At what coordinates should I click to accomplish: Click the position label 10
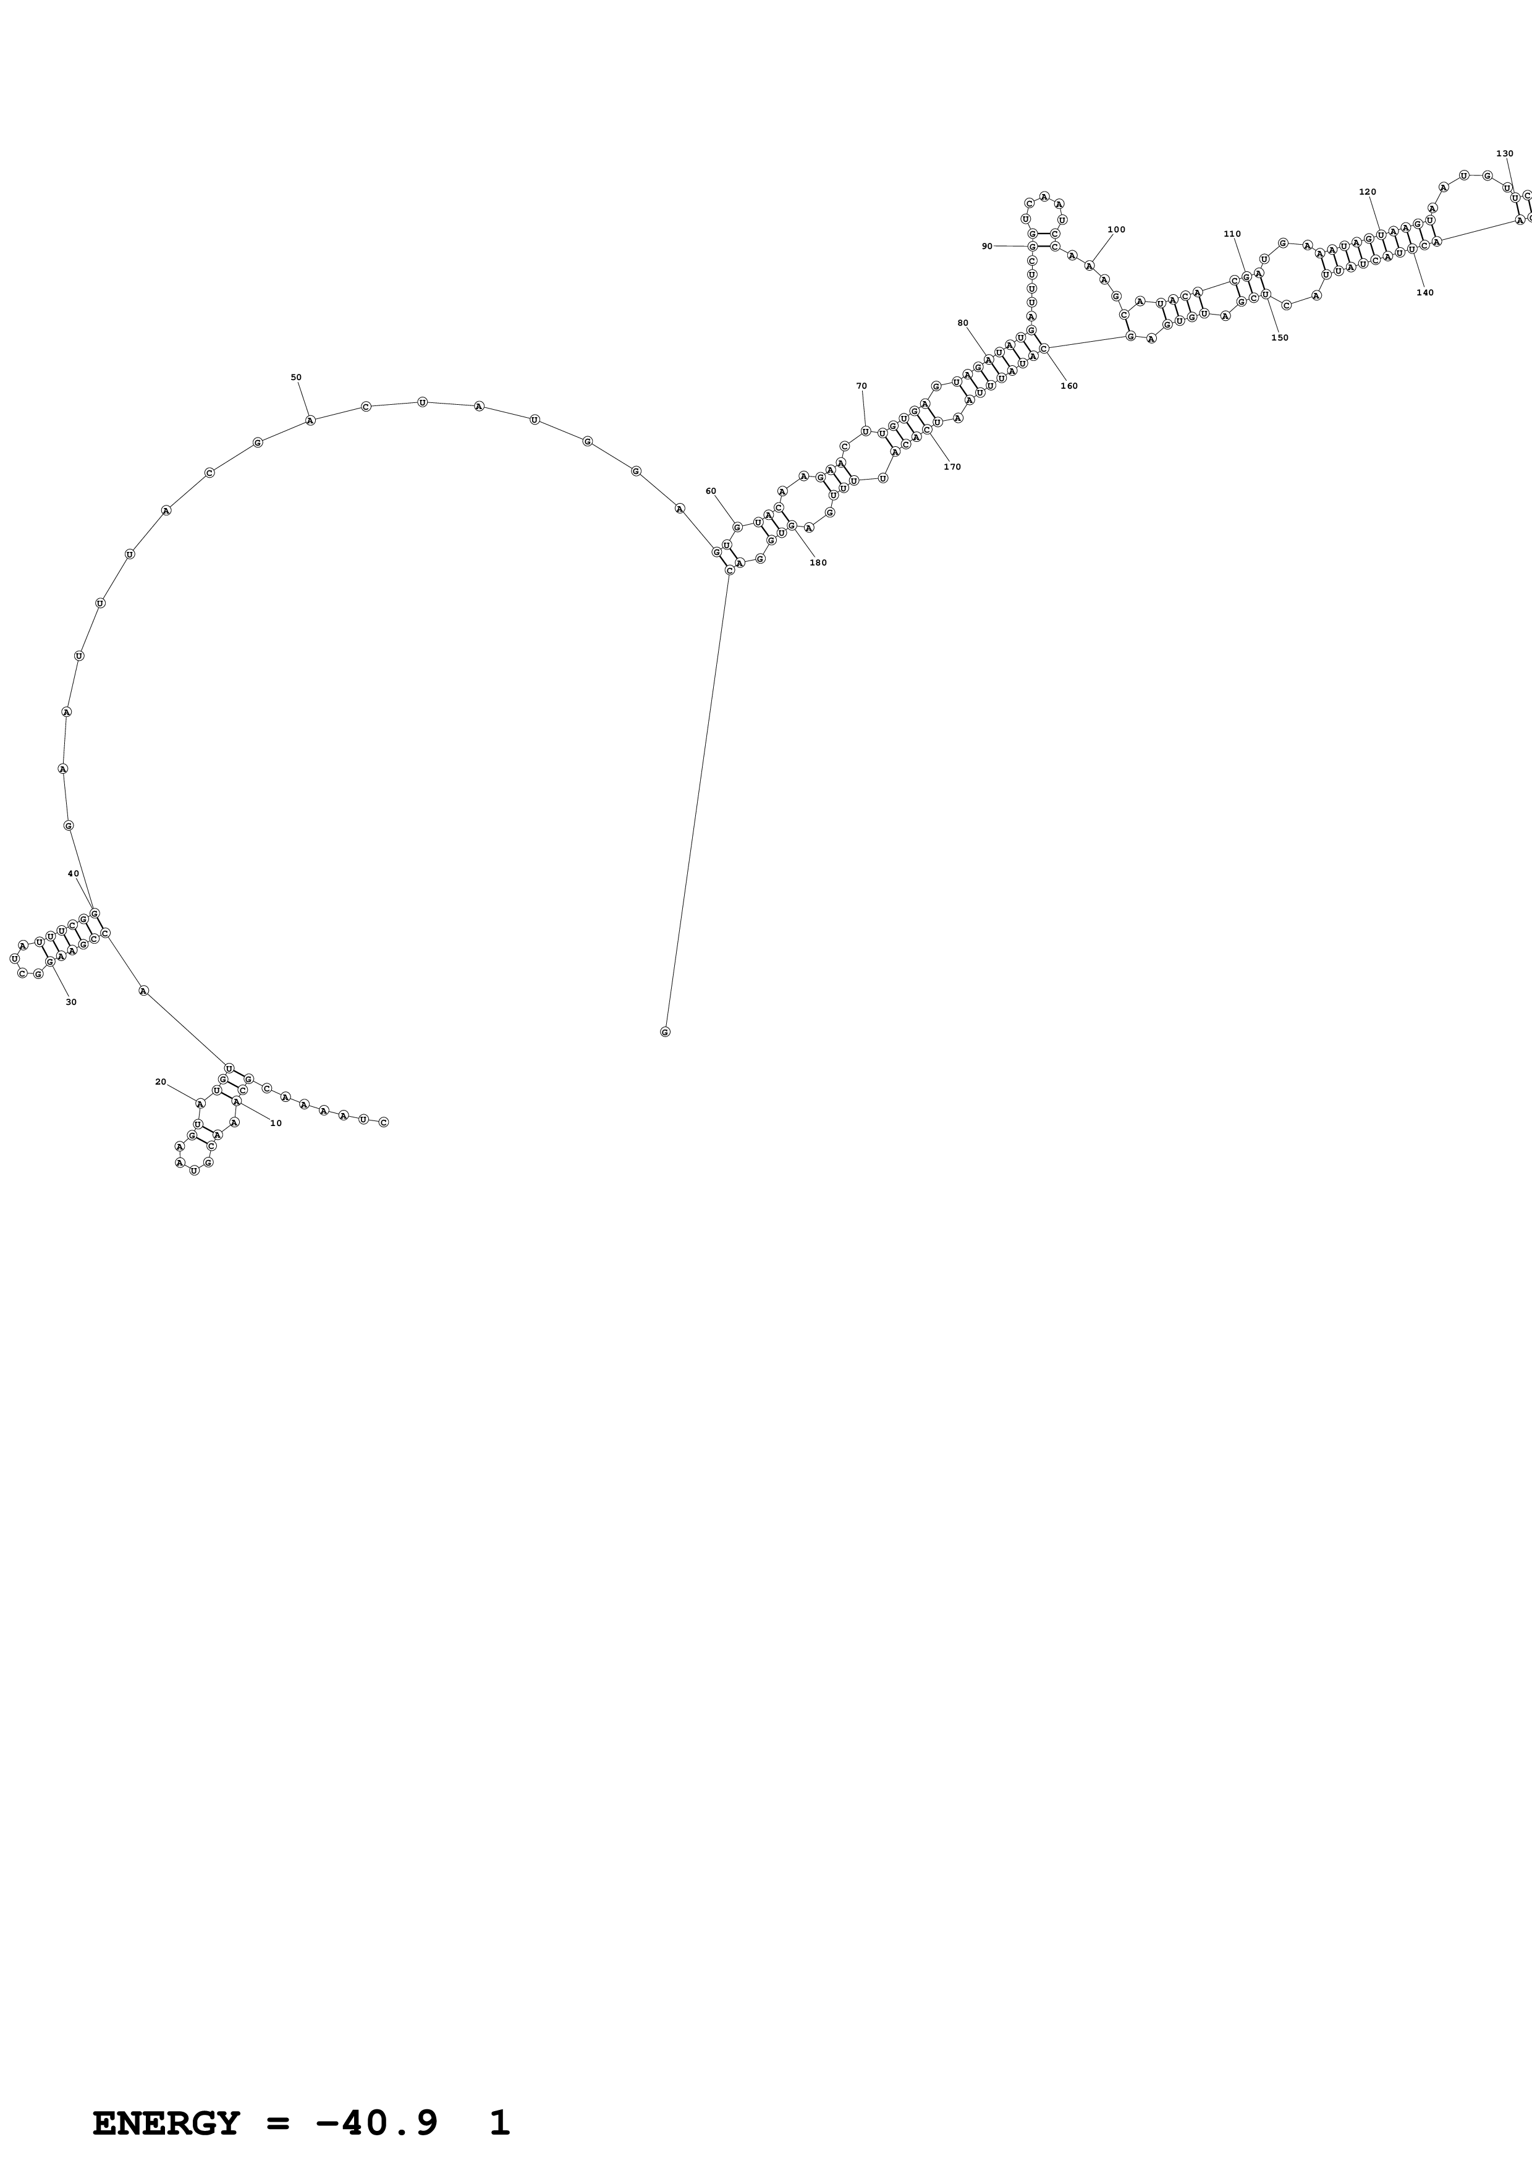point(276,1123)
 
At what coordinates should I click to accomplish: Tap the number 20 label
point(161,1082)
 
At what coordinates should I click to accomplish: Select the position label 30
point(71,1002)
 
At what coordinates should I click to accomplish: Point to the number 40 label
point(74,873)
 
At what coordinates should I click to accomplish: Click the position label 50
point(295,378)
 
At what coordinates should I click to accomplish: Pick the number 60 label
point(711,491)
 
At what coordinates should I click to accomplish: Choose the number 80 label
point(963,323)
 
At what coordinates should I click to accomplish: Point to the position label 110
point(1232,234)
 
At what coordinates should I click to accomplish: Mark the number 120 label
point(1367,192)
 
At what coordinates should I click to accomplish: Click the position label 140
point(1424,293)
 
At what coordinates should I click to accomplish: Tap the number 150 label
point(1279,338)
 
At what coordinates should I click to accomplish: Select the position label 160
point(1069,386)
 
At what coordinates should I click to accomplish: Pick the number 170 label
point(952,467)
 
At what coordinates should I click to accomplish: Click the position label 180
point(818,563)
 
